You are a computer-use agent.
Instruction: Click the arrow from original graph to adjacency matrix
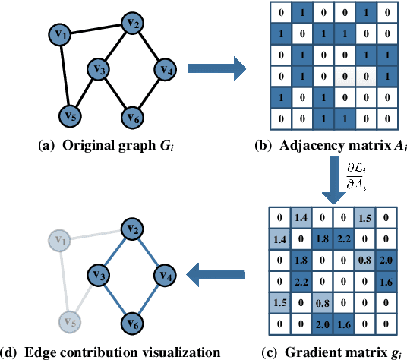(x=217, y=71)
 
